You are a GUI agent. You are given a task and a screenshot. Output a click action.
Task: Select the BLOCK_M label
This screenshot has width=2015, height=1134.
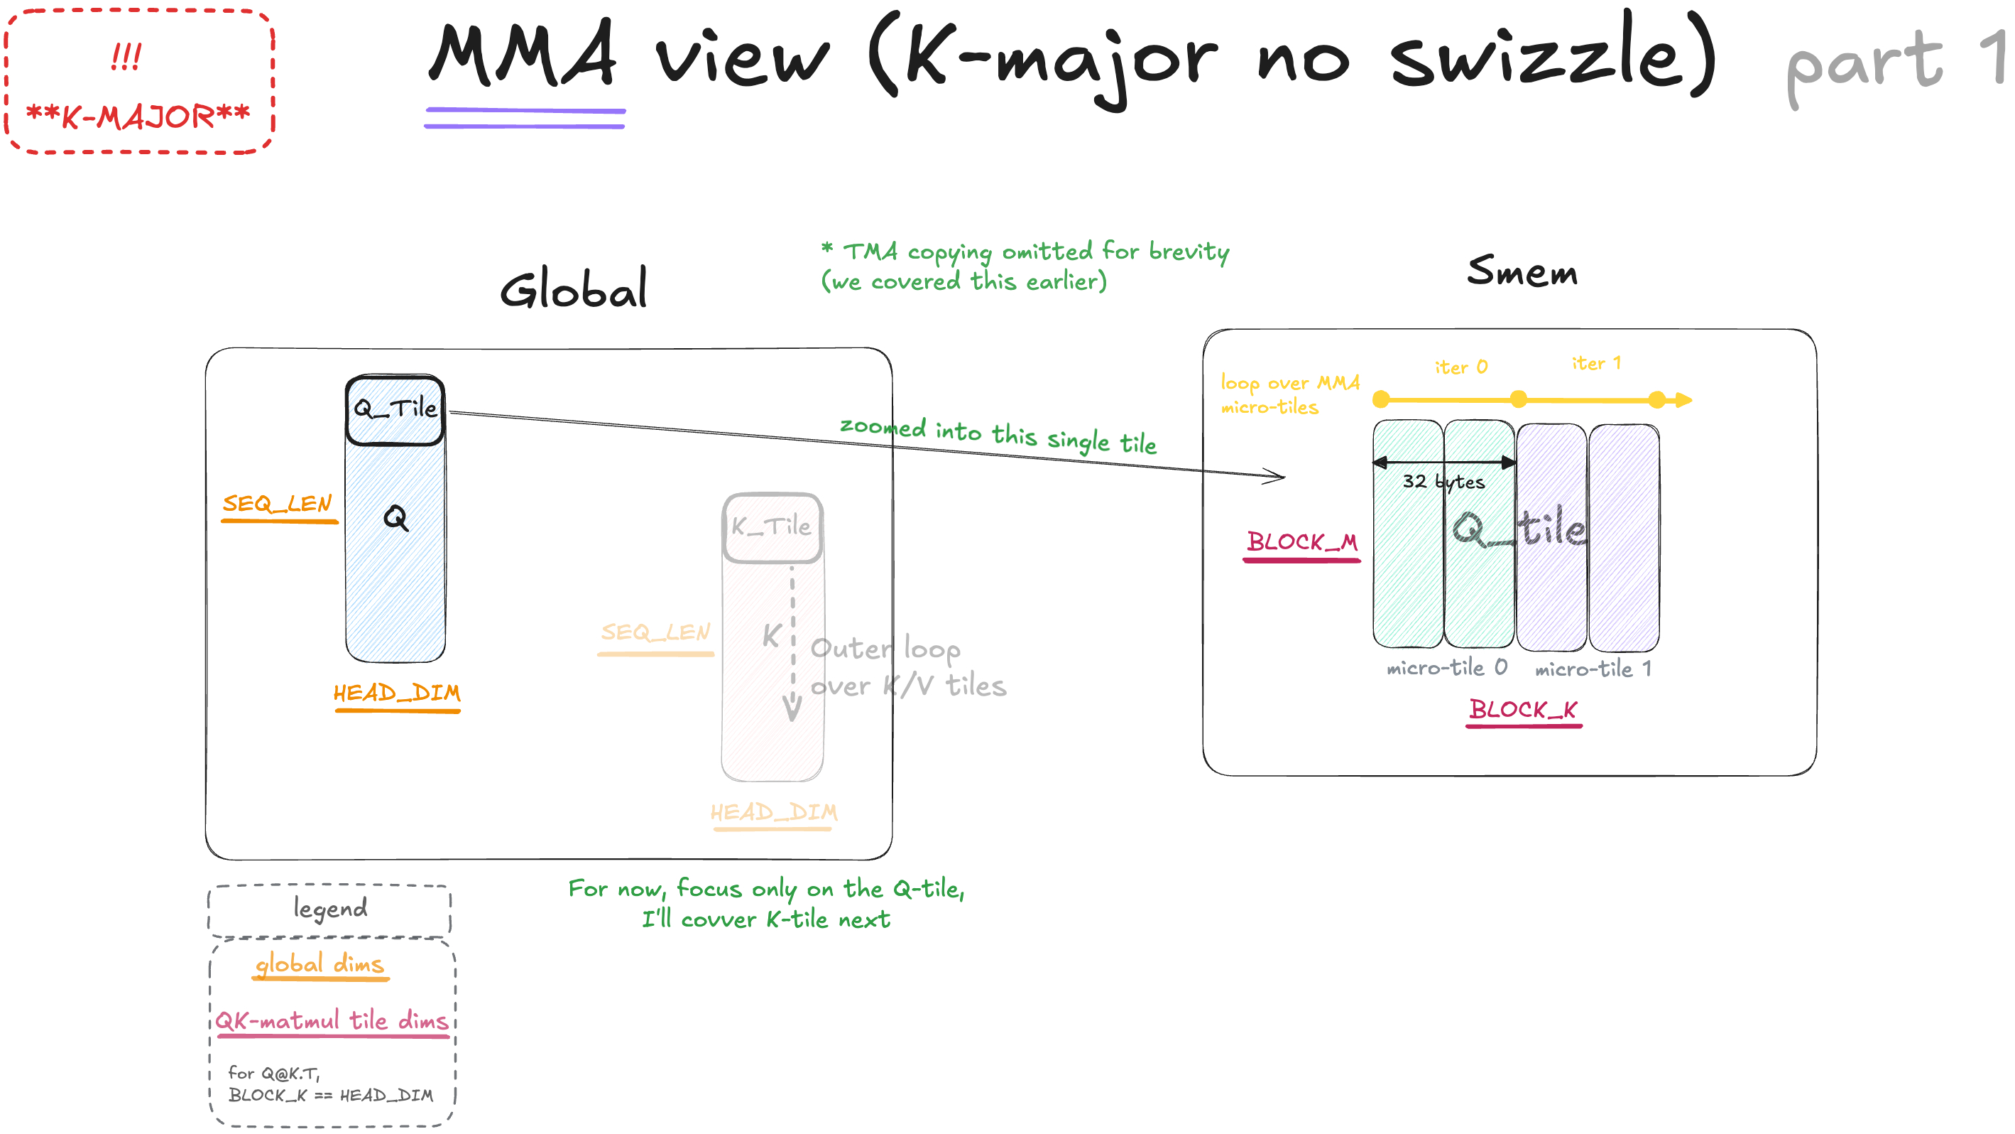click(x=1302, y=541)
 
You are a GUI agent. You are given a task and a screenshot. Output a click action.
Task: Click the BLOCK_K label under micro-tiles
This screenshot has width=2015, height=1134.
click(x=1523, y=709)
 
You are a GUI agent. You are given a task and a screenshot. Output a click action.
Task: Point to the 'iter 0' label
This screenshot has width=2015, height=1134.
click(x=1460, y=366)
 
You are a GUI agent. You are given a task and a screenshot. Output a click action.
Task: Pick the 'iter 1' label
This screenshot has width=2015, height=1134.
click(x=1595, y=363)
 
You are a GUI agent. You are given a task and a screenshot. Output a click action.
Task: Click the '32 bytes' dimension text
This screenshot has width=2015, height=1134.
click(x=1443, y=481)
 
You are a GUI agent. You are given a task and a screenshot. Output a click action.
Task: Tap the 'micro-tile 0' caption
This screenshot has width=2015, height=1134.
click(x=1446, y=668)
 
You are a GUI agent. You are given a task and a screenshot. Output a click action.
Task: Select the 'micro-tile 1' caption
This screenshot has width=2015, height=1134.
click(x=1593, y=669)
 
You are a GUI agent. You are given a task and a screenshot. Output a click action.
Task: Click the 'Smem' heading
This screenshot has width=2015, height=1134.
click(x=1522, y=271)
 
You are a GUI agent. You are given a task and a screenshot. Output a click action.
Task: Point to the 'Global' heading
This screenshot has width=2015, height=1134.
click(x=574, y=288)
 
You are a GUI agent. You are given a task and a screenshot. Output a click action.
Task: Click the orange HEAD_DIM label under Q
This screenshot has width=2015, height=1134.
click(x=397, y=693)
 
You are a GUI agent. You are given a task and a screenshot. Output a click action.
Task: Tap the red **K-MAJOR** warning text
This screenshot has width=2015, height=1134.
click(x=138, y=117)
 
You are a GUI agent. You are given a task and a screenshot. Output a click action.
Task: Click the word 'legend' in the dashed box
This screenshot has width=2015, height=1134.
click(x=330, y=909)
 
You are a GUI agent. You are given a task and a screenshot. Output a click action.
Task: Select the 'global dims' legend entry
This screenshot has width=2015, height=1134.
click(x=320, y=964)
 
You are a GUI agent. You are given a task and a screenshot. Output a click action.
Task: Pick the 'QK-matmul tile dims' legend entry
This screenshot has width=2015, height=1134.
click(x=332, y=1020)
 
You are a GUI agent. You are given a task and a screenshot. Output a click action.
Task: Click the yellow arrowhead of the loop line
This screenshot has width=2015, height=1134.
click(x=1683, y=400)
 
